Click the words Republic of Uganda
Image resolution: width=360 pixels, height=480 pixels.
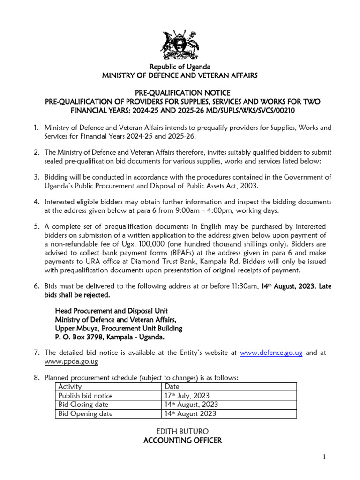tap(180, 67)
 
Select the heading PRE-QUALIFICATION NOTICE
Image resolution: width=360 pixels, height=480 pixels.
tap(180, 92)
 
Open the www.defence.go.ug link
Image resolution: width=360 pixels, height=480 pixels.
tap(271, 353)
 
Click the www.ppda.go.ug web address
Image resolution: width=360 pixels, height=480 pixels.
tap(71, 362)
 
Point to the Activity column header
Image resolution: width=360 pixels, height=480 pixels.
tap(70, 387)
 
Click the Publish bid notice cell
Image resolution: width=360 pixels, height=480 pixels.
tap(85, 396)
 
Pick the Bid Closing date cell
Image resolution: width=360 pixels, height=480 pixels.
tap(83, 405)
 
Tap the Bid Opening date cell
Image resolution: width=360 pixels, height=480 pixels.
tap(85, 413)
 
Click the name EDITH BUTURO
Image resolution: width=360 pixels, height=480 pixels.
tap(180, 431)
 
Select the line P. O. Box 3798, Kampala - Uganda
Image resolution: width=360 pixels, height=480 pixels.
tap(110, 337)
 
